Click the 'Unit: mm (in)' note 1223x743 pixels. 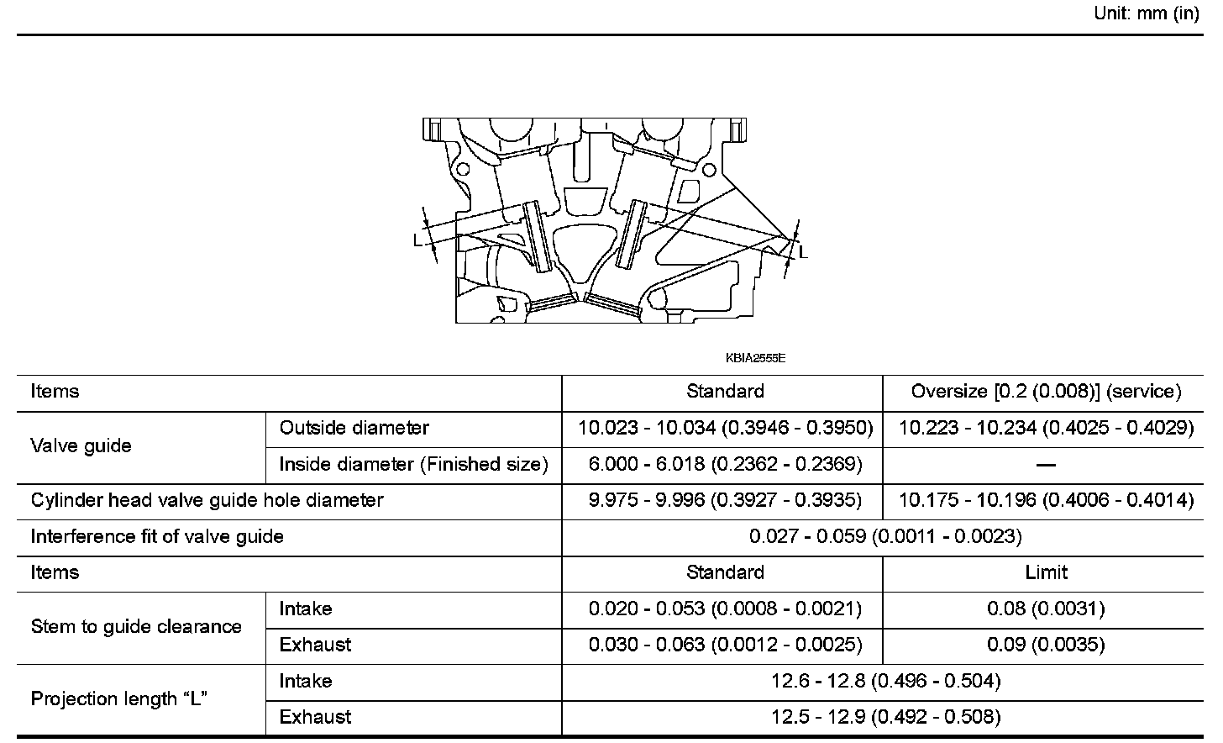(1147, 14)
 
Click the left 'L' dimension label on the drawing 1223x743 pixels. (417, 240)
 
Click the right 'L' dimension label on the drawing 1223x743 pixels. (803, 251)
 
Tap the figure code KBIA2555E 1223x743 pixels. (755, 358)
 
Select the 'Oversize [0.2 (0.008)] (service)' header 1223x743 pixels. (1046, 392)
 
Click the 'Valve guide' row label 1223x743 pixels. (81, 445)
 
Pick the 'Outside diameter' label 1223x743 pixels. (354, 428)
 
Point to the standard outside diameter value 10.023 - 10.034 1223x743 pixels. (725, 428)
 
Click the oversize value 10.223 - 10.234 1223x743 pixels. (1046, 428)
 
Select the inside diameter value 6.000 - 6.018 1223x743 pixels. (725, 464)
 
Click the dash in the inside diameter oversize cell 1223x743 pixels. (1046, 465)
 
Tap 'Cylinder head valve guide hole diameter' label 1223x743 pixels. (207, 500)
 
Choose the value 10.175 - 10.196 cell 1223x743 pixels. (1046, 500)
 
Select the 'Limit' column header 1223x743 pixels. (1046, 572)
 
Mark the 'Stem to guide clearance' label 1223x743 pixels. (136, 626)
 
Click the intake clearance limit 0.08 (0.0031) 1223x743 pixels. (1046, 609)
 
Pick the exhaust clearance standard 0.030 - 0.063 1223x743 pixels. (725, 645)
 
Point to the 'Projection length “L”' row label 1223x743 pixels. (119, 698)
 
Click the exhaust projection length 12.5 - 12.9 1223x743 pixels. (884, 717)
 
